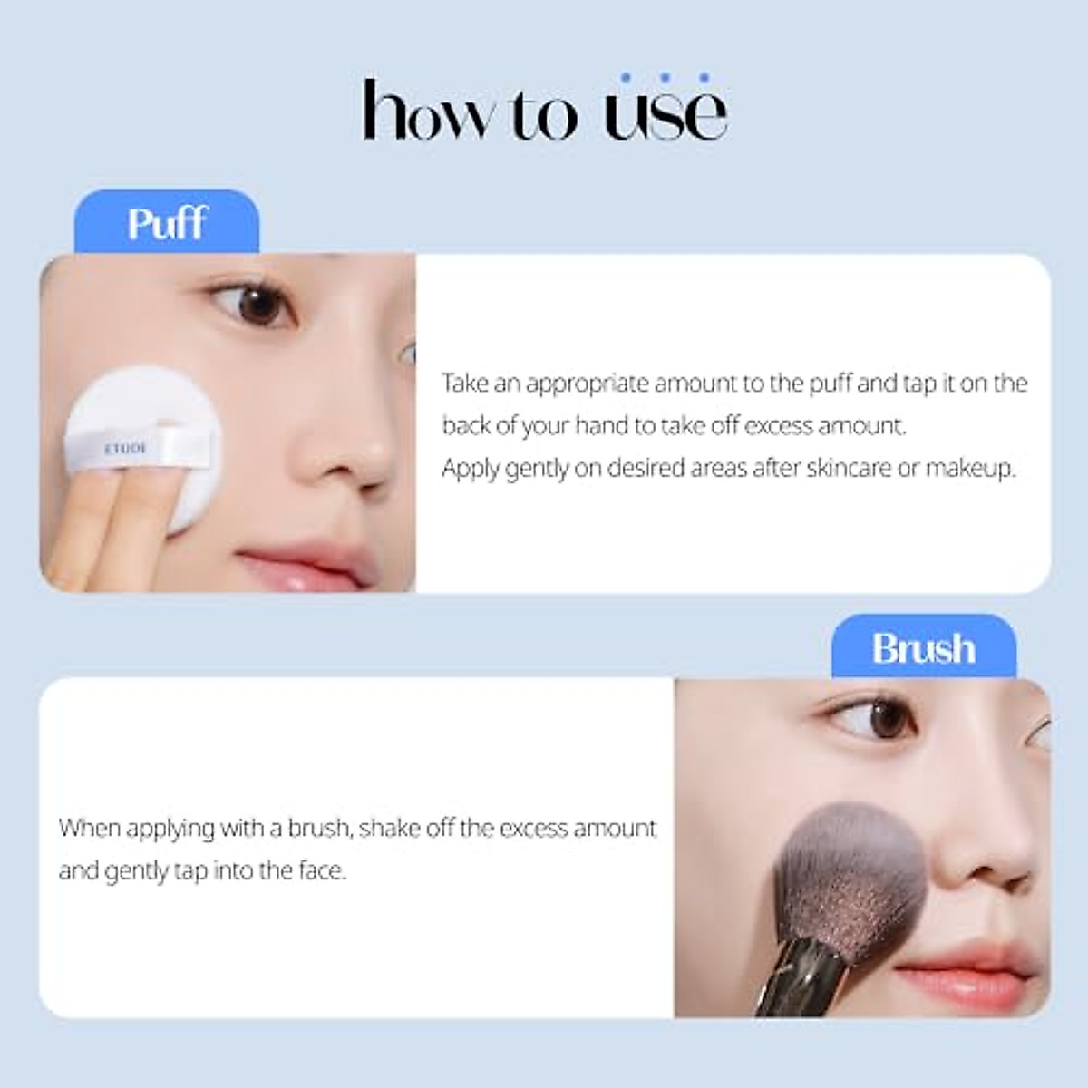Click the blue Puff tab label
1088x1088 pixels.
click(167, 222)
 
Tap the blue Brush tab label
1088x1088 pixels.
click(923, 648)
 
